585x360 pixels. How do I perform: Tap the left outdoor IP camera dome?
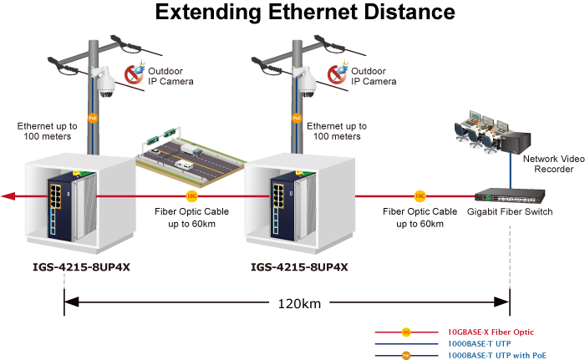[x=105, y=84]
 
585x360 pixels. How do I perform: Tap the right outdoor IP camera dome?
[x=308, y=84]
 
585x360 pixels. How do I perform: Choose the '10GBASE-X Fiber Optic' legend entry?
[x=486, y=332]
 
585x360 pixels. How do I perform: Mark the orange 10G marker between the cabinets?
[x=191, y=197]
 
